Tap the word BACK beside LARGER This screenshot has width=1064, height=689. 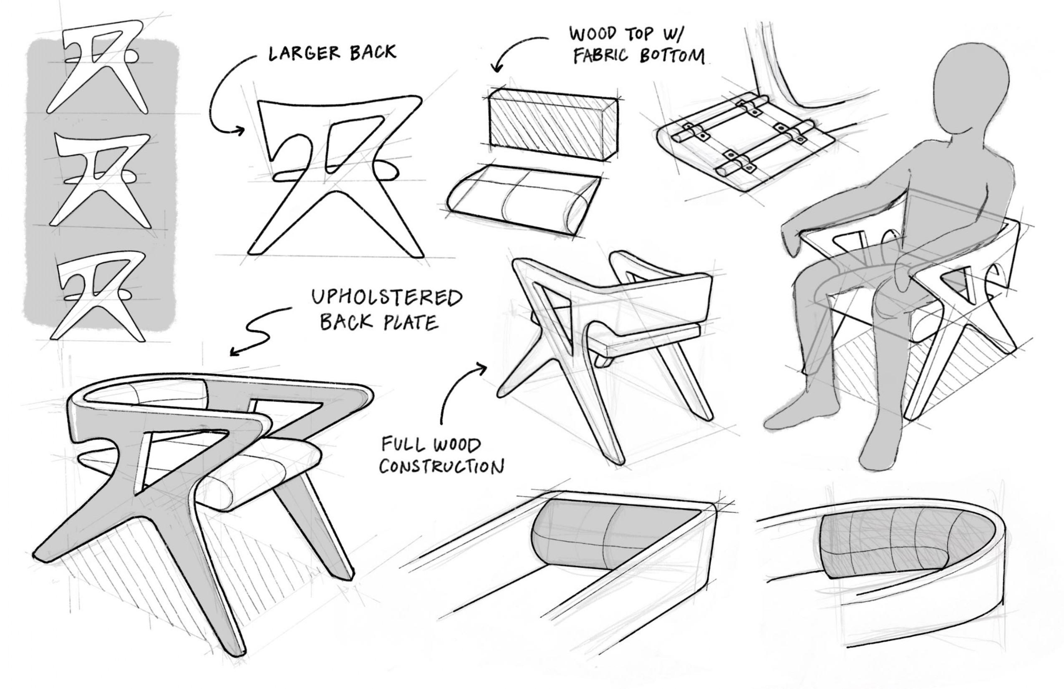tap(373, 52)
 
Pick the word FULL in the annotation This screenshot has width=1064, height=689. tap(402, 445)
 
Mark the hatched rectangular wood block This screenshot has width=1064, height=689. tap(553, 124)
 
